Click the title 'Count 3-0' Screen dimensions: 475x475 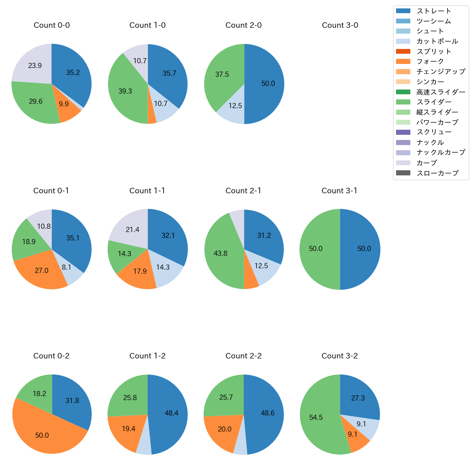(340, 25)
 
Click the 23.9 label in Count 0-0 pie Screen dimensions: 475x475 (35, 66)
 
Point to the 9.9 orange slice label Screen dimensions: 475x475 (64, 104)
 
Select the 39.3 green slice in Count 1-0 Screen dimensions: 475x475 (125, 91)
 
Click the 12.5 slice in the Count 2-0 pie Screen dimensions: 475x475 (235, 106)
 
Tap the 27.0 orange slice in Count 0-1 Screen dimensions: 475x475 (42, 271)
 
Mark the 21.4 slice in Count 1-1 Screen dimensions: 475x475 (133, 230)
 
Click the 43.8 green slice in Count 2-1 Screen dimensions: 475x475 (221, 254)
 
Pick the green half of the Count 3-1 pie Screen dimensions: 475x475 (316, 249)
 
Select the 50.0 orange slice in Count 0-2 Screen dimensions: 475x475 (42, 436)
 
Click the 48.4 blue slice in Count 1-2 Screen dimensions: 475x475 (171, 413)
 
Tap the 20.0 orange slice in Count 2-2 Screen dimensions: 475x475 (224, 429)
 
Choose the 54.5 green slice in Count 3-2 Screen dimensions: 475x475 (316, 418)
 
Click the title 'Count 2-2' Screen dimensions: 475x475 (244, 356)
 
